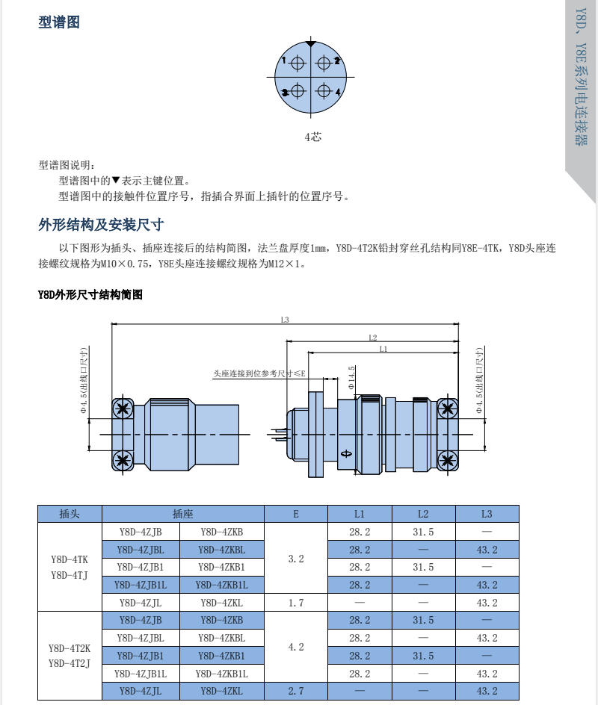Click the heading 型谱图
tap(59, 22)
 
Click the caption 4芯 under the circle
tap(312, 137)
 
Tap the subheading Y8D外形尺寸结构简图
tap(90, 295)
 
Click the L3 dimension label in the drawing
tap(285, 320)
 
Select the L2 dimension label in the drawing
tap(372, 338)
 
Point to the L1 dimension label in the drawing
tap(383, 349)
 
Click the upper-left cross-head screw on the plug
tap(123, 409)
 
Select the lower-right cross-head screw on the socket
tap(447, 459)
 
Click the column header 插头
tap(70, 514)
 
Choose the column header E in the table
tap(296, 514)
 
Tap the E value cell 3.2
tap(296, 558)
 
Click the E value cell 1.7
tap(296, 603)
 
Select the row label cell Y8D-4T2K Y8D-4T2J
tap(70, 656)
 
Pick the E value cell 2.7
tap(296, 692)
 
